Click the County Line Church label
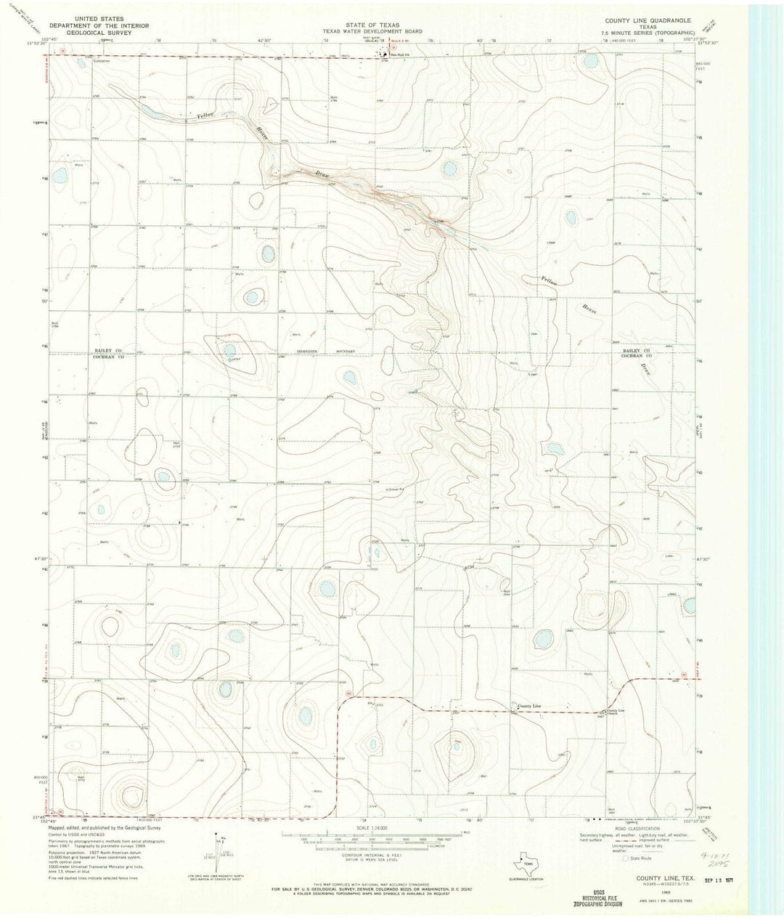click(x=616, y=712)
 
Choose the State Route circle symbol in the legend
click(x=626, y=858)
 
